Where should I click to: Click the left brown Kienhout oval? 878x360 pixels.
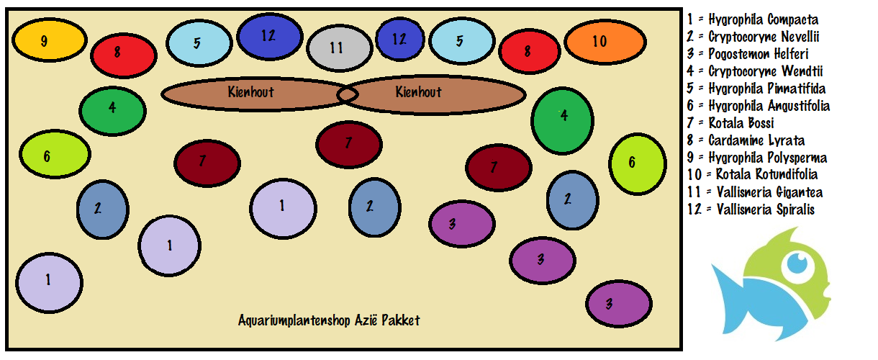[250, 94]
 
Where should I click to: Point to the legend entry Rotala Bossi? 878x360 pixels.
[731, 123]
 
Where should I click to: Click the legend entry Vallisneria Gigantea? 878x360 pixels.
[755, 192]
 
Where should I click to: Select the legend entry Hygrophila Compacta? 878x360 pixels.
[753, 19]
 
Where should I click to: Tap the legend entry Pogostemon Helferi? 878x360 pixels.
[748, 54]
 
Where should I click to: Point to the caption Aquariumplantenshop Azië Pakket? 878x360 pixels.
[329, 320]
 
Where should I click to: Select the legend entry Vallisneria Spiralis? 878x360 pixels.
[751, 210]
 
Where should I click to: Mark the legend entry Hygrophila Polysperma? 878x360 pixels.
[757, 158]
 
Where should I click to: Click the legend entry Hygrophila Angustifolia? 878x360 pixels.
[759, 106]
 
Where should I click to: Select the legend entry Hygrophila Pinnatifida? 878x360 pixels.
[756, 89]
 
